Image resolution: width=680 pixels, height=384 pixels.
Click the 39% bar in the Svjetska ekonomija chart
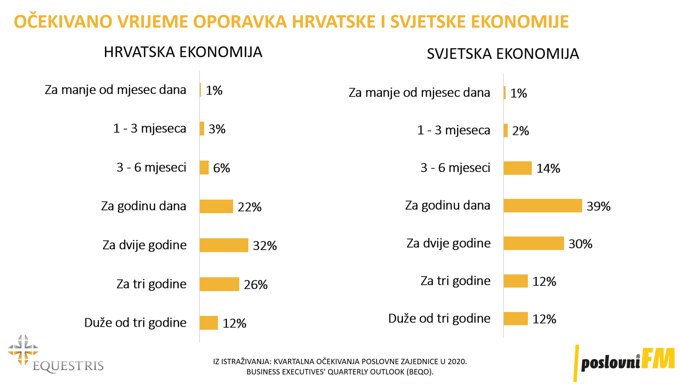point(543,206)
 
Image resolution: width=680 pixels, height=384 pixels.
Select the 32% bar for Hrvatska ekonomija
point(224,245)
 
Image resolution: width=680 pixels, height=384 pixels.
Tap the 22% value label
point(249,207)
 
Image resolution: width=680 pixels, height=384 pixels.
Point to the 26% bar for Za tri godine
point(219,284)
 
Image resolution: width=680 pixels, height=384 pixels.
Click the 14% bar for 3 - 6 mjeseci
point(518,168)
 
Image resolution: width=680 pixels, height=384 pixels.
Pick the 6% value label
point(221,168)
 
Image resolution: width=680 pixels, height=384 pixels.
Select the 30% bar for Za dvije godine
point(534,243)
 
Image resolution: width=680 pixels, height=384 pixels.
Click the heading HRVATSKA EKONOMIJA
point(183,52)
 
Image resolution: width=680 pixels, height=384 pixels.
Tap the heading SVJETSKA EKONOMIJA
point(503,54)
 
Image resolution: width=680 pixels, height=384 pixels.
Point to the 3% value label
point(217,129)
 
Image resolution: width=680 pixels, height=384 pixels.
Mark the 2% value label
point(520,131)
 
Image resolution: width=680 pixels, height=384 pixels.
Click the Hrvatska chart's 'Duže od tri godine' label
point(135,322)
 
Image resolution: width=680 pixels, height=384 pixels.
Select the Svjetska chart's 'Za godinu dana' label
point(448,205)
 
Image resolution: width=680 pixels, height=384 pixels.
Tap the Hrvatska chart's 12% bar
point(209,323)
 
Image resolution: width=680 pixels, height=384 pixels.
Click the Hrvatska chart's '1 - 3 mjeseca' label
point(150,128)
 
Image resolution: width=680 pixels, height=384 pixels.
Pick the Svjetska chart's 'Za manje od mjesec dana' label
point(419,92)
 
